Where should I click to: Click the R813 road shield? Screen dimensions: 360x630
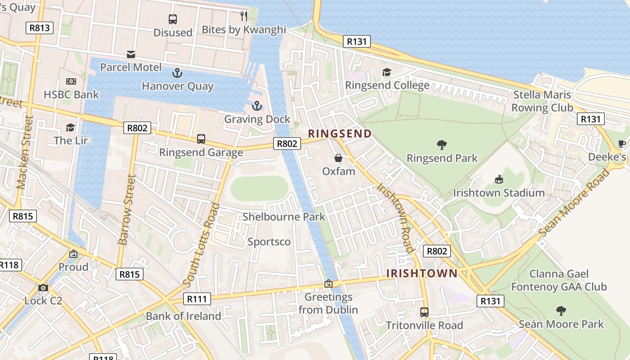coord(40,28)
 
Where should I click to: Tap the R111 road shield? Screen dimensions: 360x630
coord(197,299)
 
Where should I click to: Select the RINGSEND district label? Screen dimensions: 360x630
coord(340,134)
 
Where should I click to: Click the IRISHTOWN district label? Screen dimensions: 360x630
coord(422,273)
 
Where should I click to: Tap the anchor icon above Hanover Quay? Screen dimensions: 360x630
coord(177,72)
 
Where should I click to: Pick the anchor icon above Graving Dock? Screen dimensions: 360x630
coord(256,106)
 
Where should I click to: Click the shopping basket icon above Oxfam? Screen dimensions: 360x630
coord(338,158)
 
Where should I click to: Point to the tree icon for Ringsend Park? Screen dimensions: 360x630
coord(442,145)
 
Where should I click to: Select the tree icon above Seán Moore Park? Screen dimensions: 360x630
coord(561,310)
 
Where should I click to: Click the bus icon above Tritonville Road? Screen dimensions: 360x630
coord(424,312)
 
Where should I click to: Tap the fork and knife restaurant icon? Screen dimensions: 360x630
coord(244,16)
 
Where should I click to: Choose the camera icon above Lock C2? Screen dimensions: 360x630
coord(43,288)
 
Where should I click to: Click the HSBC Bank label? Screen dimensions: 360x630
coord(71,94)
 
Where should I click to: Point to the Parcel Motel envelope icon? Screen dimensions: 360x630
coord(130,54)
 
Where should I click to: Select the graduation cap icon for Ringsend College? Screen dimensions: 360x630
coord(387,72)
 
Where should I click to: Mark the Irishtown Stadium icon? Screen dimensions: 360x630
coord(499,180)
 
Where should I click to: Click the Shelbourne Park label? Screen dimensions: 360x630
coord(283,217)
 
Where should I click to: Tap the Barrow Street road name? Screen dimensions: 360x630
coord(126,210)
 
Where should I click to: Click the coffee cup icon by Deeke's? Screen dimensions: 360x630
coord(621,144)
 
